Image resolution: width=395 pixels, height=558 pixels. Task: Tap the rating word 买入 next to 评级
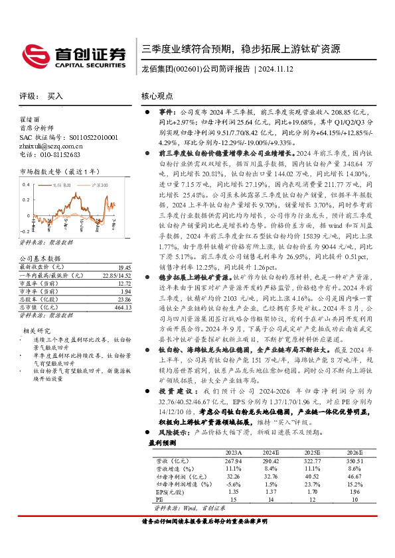(55, 96)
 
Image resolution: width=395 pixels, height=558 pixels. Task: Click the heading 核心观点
(158, 96)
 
